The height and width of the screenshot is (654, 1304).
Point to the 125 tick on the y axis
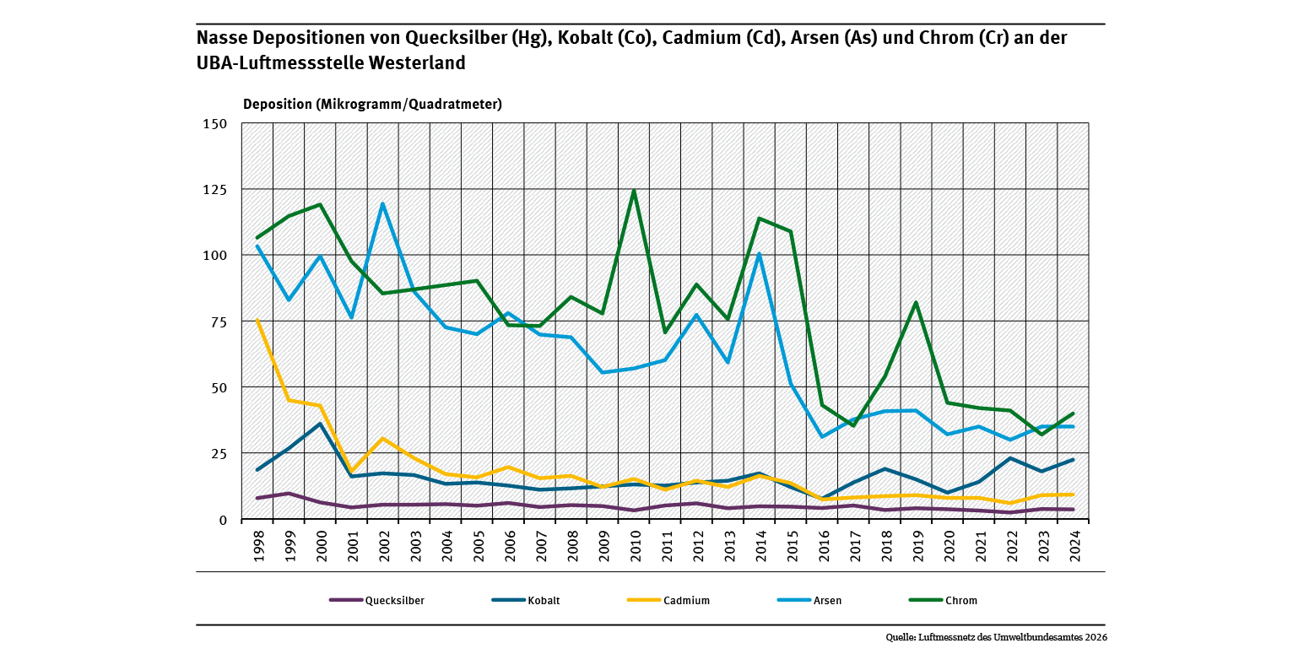point(216,190)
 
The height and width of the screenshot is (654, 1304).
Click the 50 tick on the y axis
point(219,387)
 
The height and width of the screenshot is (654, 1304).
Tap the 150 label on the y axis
point(216,124)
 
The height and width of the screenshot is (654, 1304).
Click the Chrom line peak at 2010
point(634,191)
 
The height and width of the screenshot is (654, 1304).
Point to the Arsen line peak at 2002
point(382,203)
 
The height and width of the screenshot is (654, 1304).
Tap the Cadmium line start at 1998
point(257,321)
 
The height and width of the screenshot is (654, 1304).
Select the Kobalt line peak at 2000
point(320,424)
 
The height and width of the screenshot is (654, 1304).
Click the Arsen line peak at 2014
point(760,253)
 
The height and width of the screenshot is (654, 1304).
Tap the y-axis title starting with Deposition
point(372,105)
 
